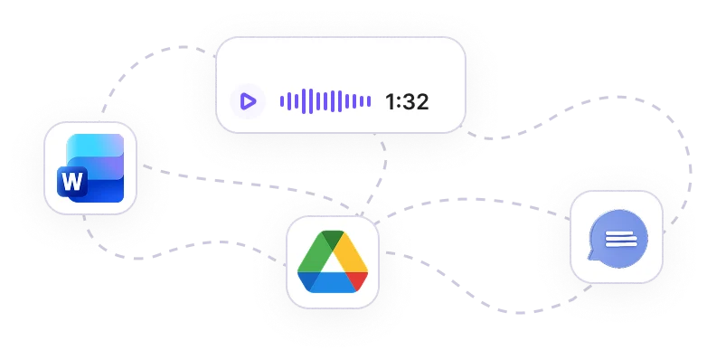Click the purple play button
[x=248, y=101]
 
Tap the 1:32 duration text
[x=407, y=102]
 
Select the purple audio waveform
[x=325, y=101]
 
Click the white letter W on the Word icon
[x=72, y=181]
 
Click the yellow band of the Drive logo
[x=352, y=252]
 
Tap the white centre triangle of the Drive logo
[x=333, y=263]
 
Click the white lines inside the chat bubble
[x=621, y=239]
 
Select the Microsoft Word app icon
[x=90, y=168]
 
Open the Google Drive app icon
[x=333, y=261]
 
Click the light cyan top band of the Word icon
[x=95, y=146]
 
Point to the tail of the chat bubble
[x=591, y=256]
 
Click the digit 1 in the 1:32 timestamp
[x=390, y=102]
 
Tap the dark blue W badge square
[x=72, y=181]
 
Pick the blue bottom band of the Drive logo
[x=333, y=283]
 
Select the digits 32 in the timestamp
[x=416, y=102]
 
